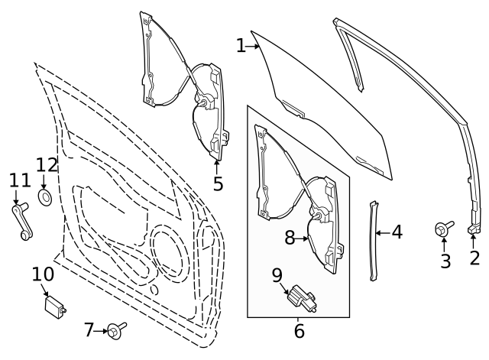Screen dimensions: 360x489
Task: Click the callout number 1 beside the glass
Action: coord(241,47)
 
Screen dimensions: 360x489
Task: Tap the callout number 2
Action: coord(474,258)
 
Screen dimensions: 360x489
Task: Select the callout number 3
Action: coord(445,261)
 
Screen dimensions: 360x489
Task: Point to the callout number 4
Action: coord(397,232)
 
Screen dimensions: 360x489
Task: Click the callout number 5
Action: coord(218,184)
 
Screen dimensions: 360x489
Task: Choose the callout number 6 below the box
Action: coord(299,331)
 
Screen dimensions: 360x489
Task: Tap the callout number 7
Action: coord(89,330)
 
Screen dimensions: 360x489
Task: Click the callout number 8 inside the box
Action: coord(290,238)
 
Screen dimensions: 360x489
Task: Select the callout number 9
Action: coord(277,274)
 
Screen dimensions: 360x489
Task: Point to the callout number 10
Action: coord(43,274)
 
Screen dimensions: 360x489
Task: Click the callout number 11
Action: coord(20,181)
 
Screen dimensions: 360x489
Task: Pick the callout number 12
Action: coord(47,164)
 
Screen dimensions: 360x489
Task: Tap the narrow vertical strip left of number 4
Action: coord(374,237)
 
